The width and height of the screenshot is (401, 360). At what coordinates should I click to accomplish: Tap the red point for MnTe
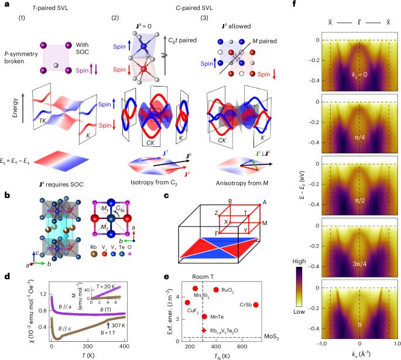204,316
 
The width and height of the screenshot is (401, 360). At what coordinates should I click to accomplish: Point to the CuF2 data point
187,302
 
